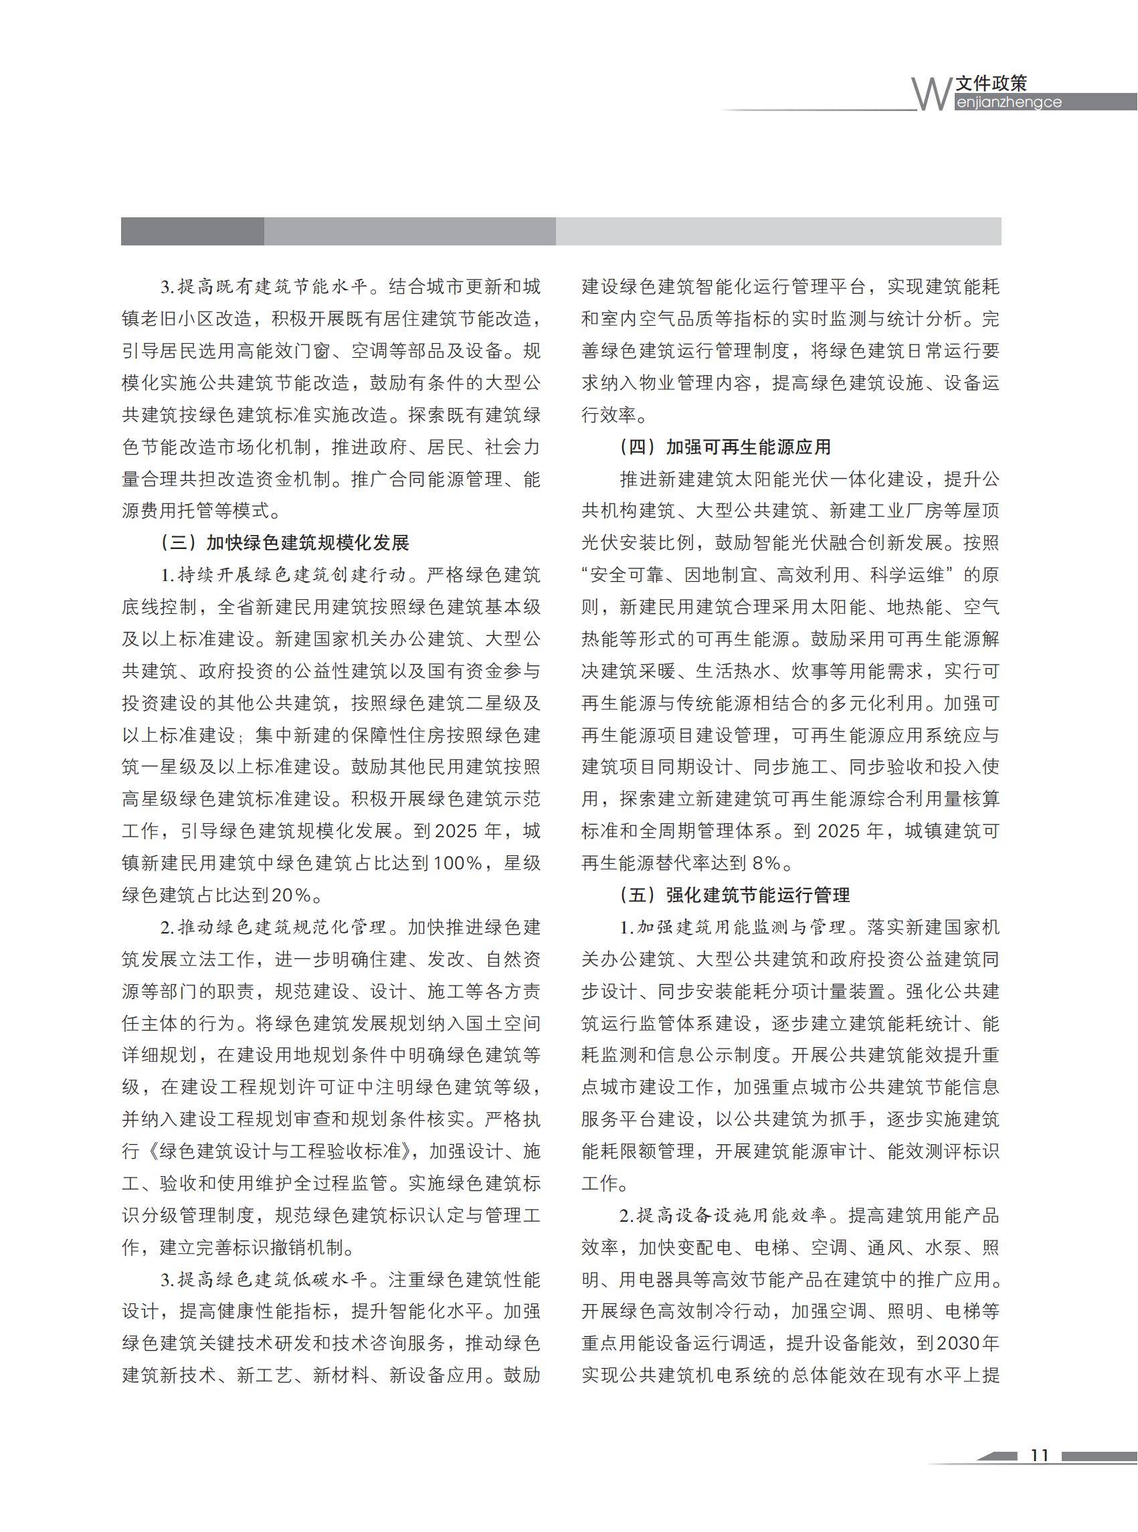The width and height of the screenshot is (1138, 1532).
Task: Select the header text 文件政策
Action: (991, 84)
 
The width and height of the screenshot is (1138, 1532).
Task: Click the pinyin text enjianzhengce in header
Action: (1008, 102)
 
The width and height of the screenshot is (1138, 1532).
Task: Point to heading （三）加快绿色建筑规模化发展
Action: (284, 542)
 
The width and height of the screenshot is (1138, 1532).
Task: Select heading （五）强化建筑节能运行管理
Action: (735, 895)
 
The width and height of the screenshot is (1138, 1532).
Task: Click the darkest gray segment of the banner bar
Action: (192, 231)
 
